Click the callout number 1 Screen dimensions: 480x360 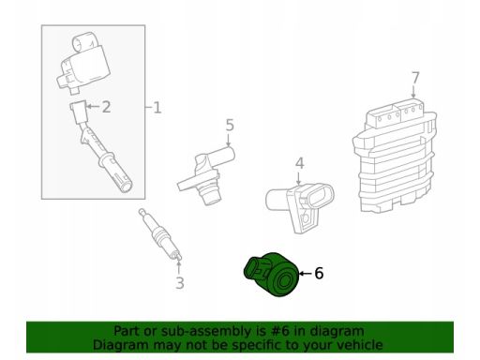157,108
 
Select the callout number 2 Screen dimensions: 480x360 106,107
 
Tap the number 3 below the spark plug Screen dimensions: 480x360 180,283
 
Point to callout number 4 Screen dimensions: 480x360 299,163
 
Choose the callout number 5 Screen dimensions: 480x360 230,125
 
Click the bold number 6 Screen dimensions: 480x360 319,273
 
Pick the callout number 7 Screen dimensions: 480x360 415,78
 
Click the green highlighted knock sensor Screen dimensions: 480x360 271,274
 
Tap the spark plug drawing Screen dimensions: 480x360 159,233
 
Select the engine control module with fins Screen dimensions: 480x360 395,156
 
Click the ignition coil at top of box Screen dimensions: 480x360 84,63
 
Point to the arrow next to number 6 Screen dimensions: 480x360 306,274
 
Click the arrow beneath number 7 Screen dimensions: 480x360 413,92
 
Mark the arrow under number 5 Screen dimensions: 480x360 229,140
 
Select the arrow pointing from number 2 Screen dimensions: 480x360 93,107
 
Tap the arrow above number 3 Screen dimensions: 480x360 179,267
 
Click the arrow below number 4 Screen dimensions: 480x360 299,178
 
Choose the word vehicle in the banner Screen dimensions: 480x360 362,345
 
